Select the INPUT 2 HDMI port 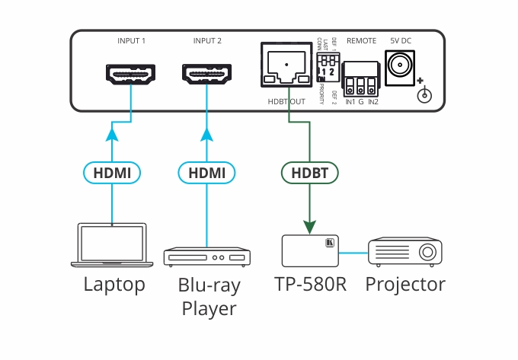pos(207,75)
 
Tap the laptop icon pos(113,245)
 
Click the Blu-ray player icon pos(207,256)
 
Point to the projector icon pos(405,250)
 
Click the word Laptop pos(114,285)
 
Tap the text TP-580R pos(310,285)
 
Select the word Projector pos(405,286)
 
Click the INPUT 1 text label pos(131,40)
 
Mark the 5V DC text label pos(400,40)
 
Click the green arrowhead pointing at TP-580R pos(309,226)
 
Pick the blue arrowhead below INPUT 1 pos(113,135)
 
